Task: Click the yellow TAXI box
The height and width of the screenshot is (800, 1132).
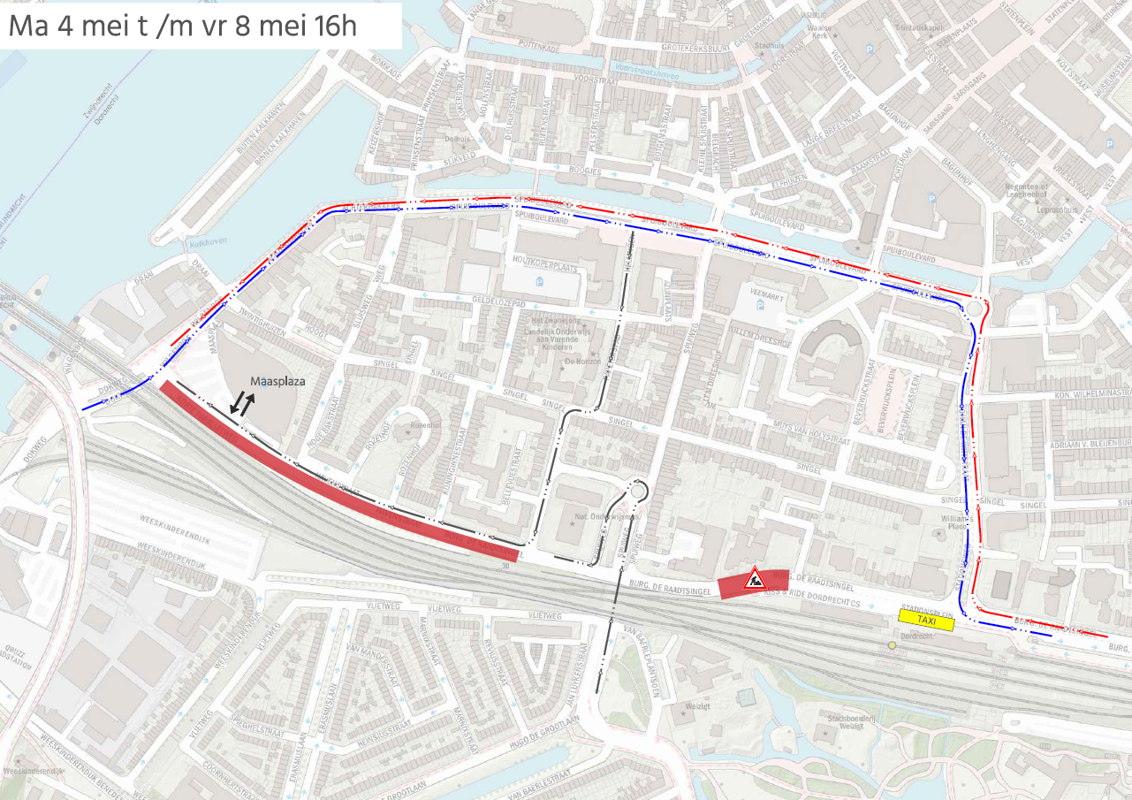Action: pos(926,621)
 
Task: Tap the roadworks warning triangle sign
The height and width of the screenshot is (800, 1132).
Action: pos(754,579)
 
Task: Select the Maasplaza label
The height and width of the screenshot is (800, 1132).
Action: pos(277,382)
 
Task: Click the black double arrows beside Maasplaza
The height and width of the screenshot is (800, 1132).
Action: pos(242,404)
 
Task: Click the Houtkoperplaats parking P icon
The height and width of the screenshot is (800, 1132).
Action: pos(541,282)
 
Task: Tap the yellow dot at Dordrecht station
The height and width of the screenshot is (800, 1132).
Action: pos(893,645)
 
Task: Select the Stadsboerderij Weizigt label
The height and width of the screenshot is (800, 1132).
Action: pos(847,722)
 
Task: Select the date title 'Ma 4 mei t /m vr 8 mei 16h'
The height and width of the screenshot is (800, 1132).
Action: pos(182,27)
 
